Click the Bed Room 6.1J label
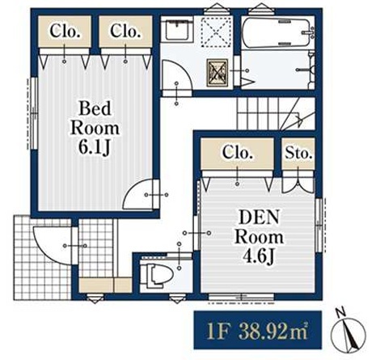(x=95, y=128)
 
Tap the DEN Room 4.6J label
(x=259, y=237)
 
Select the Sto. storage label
(x=298, y=153)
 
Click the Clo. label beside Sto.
(x=237, y=153)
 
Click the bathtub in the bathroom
(x=277, y=32)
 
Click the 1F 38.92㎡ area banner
(x=257, y=330)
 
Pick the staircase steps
(x=276, y=113)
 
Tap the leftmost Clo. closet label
(x=65, y=32)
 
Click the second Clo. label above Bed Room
(x=125, y=32)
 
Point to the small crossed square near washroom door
(x=218, y=73)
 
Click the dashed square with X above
(x=217, y=30)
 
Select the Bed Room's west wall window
(x=34, y=113)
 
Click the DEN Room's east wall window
(x=319, y=225)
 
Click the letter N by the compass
(x=341, y=312)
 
